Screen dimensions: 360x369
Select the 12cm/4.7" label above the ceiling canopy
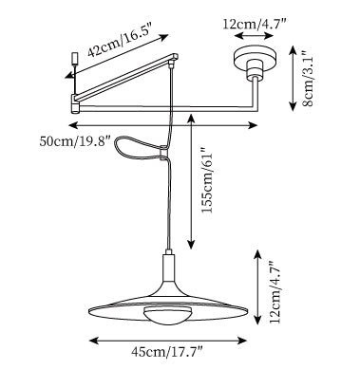(x=255, y=24)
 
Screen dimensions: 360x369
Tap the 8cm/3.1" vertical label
(x=308, y=79)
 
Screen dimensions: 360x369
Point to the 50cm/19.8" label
(x=75, y=141)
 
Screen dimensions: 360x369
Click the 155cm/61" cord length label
(x=209, y=180)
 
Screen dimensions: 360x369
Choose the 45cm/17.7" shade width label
(x=167, y=352)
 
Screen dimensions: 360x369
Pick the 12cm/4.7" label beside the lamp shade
(x=275, y=292)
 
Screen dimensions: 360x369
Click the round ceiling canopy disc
(x=255, y=59)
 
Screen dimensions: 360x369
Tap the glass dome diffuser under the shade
(x=165, y=315)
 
